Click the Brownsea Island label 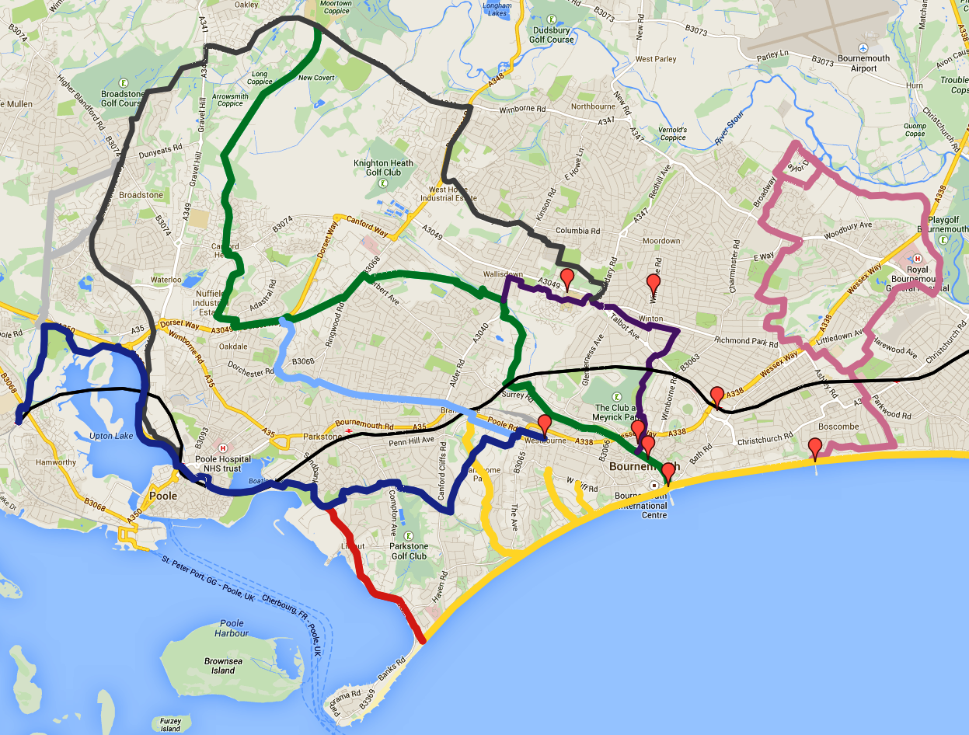click(223, 665)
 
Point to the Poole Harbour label click(232, 628)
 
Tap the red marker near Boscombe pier click(814, 448)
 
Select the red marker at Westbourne click(544, 424)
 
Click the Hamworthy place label click(55, 462)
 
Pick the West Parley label click(655, 59)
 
